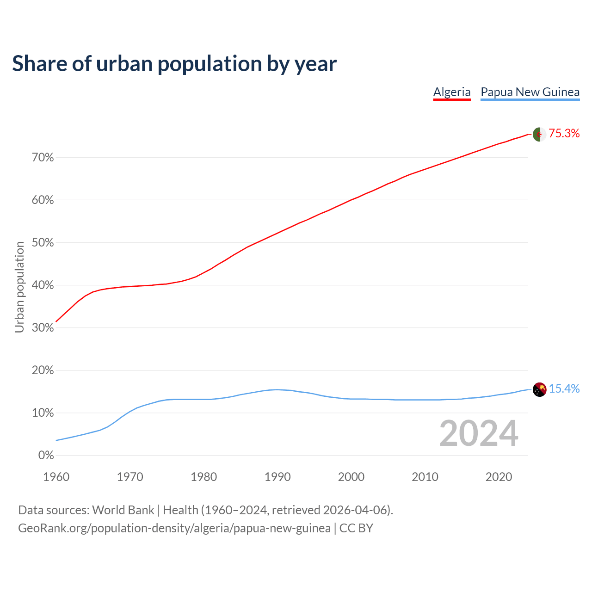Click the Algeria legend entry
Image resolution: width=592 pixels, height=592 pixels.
(x=451, y=92)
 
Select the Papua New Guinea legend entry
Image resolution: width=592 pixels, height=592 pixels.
(x=530, y=92)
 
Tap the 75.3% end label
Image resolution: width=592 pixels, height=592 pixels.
(x=564, y=134)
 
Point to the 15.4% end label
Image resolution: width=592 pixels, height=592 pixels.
(x=564, y=389)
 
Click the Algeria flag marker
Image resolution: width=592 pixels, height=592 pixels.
(x=539, y=134)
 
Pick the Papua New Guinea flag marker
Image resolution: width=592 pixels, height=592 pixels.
(x=539, y=389)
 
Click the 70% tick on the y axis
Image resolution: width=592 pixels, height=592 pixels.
(x=43, y=158)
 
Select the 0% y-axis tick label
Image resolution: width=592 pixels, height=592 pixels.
(x=46, y=456)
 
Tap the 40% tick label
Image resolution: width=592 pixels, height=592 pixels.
(x=43, y=285)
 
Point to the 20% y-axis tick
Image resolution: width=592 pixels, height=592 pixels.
(x=43, y=370)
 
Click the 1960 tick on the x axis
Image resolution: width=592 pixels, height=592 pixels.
(x=56, y=477)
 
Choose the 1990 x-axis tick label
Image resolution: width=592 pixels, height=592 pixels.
(x=277, y=477)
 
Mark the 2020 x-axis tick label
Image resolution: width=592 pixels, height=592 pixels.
(x=499, y=477)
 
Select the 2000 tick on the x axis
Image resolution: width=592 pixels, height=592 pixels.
(x=351, y=477)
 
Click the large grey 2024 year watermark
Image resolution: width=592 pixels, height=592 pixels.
(x=479, y=433)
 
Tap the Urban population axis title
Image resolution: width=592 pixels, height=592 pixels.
(x=19, y=287)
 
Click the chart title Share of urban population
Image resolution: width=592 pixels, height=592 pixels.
(x=174, y=63)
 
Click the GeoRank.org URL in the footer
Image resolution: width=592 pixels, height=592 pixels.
(x=174, y=528)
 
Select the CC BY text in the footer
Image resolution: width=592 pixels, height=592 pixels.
(x=356, y=528)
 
